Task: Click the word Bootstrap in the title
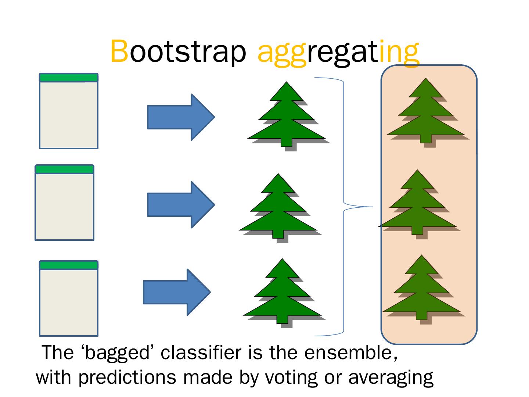pyautogui.click(x=178, y=51)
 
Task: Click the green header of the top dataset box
pyautogui.click(x=69, y=78)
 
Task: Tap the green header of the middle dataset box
pyautogui.click(x=64, y=169)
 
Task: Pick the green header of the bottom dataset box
pyautogui.click(x=69, y=265)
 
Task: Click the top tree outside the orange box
pyautogui.click(x=287, y=118)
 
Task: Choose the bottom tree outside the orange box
pyautogui.click(x=282, y=294)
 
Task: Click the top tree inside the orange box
pyautogui.click(x=425, y=114)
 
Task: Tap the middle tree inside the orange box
pyautogui.click(x=417, y=206)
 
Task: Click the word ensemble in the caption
pyautogui.click(x=350, y=353)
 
